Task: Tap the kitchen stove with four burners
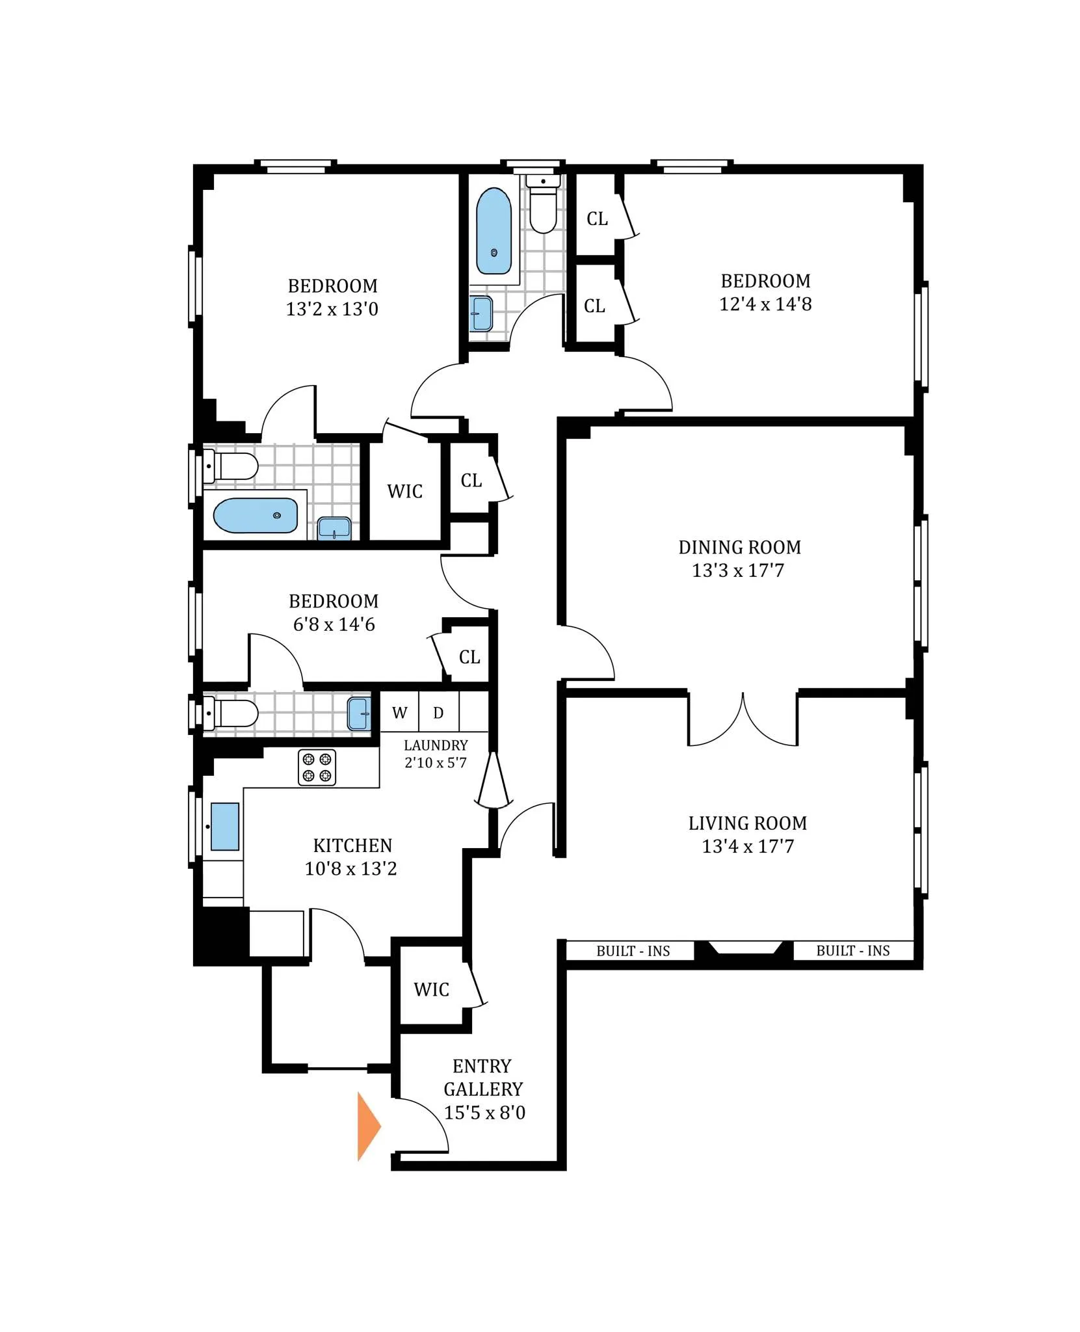pyautogui.click(x=317, y=767)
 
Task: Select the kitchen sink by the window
pyautogui.click(x=225, y=827)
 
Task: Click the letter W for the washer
pyautogui.click(x=399, y=713)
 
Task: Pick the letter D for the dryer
pyautogui.click(x=438, y=713)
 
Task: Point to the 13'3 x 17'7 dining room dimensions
pyautogui.click(x=738, y=570)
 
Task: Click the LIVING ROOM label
pyautogui.click(x=748, y=823)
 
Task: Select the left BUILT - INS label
pyautogui.click(x=633, y=951)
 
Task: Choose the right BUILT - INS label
pyautogui.click(x=852, y=950)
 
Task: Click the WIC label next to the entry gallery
pyautogui.click(x=431, y=989)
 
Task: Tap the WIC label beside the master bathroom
pyautogui.click(x=404, y=491)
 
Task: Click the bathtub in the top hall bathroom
pyautogui.click(x=494, y=231)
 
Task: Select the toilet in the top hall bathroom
pyautogui.click(x=543, y=205)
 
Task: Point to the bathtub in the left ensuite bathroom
pyautogui.click(x=255, y=515)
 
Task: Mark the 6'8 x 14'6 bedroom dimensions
pyautogui.click(x=334, y=624)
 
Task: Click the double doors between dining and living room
pyautogui.click(x=743, y=721)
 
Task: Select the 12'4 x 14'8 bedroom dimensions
pyautogui.click(x=765, y=304)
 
